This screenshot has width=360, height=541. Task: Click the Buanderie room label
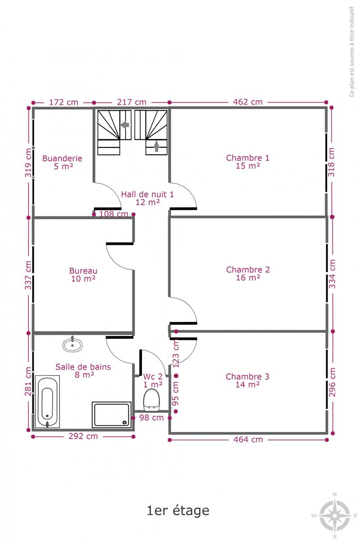tap(62, 158)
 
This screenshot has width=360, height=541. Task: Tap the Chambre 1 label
tap(247, 158)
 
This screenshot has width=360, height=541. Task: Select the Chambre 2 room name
tap(248, 270)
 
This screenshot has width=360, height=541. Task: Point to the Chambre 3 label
tap(247, 376)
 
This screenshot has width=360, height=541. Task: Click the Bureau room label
tap(83, 271)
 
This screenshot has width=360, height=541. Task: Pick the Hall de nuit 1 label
tap(147, 194)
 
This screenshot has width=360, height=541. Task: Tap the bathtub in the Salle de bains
tap(47, 401)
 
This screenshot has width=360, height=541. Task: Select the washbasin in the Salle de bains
tap(73, 344)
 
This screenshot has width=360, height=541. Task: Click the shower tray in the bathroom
tap(112, 414)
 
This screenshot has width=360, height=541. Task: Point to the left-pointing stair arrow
tap(125, 125)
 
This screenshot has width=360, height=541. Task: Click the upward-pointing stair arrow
tap(156, 146)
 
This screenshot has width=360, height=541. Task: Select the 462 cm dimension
tap(248, 102)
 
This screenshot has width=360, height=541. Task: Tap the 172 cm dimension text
tap(64, 102)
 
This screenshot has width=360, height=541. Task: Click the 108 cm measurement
tap(114, 214)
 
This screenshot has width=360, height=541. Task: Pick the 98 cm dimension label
tap(151, 417)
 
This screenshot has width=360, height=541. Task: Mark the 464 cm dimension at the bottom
tap(248, 440)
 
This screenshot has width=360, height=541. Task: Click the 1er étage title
tap(178, 510)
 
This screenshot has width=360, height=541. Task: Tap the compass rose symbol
tap(335, 515)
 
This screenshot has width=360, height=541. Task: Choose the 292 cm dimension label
tap(83, 436)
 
